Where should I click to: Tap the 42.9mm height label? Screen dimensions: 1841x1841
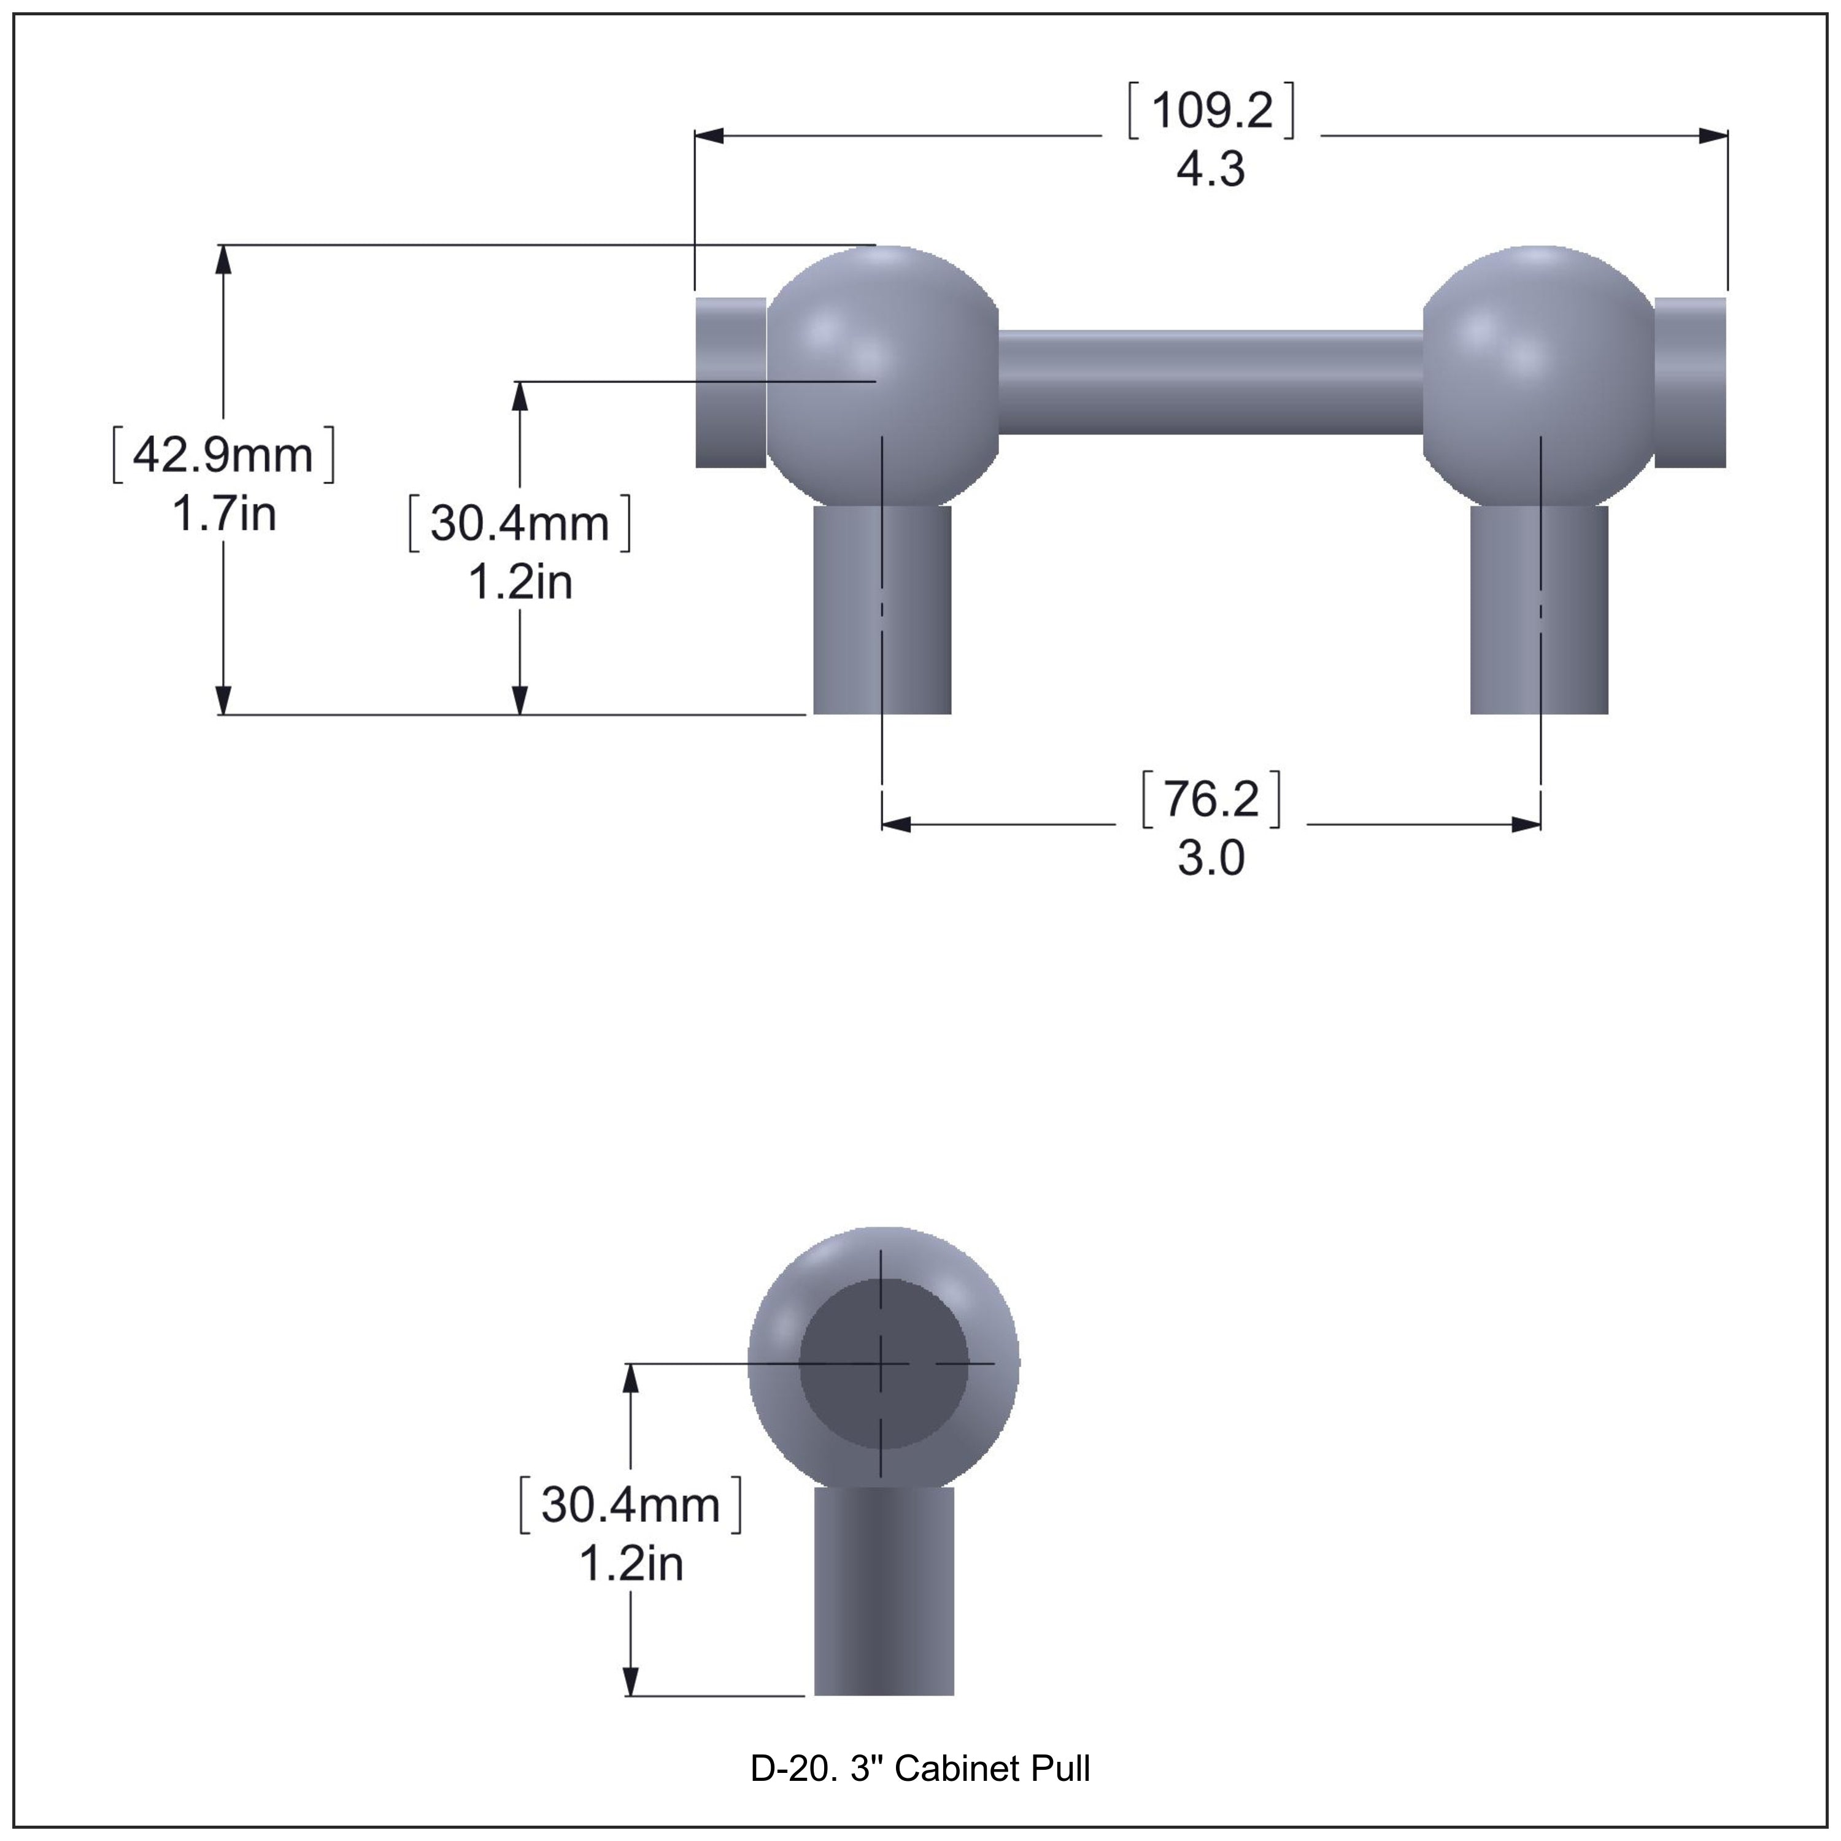223,455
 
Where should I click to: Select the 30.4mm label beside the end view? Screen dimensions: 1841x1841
630,1505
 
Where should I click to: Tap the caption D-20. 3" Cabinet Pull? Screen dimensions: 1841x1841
919,1769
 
